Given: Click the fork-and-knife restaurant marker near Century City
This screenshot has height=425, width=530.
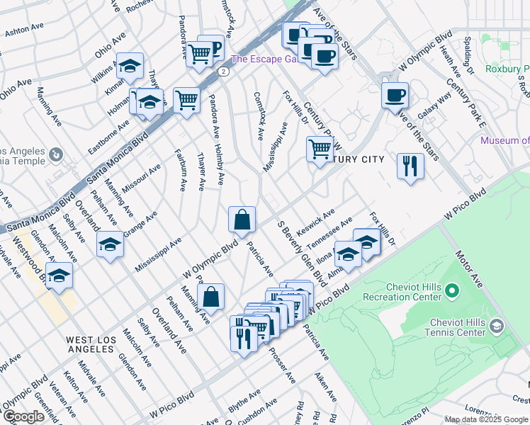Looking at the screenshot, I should [x=410, y=166].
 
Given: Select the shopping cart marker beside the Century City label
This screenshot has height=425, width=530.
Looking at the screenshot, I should [x=320, y=149].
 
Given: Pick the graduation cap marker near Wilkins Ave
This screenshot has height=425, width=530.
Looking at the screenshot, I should [x=130, y=67].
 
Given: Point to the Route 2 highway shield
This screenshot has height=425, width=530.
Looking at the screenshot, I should [x=223, y=72].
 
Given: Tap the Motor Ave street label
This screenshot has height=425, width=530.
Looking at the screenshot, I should [x=469, y=270].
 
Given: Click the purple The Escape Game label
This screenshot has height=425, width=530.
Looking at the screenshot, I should [x=262, y=59].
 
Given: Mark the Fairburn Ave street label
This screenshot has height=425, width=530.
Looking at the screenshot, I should [x=181, y=170].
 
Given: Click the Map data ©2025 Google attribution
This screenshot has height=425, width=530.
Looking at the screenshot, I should [x=485, y=419].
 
